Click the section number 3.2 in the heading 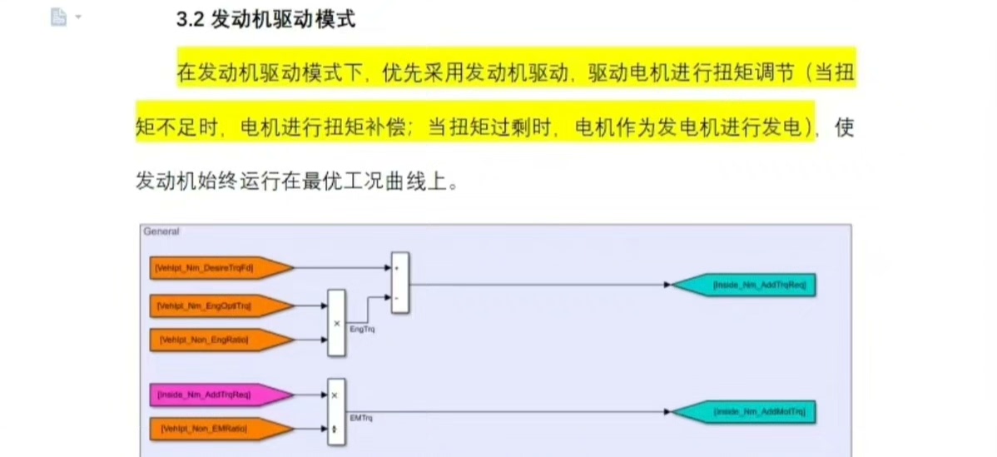coord(191,19)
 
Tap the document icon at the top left coord(58,17)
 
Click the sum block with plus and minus coord(399,283)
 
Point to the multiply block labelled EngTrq coord(336,323)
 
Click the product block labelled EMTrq coord(336,412)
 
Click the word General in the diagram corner coord(161,231)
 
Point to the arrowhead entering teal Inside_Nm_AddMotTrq coord(667,411)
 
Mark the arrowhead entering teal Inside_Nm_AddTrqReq coord(667,285)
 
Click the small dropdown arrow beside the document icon coord(78,17)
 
